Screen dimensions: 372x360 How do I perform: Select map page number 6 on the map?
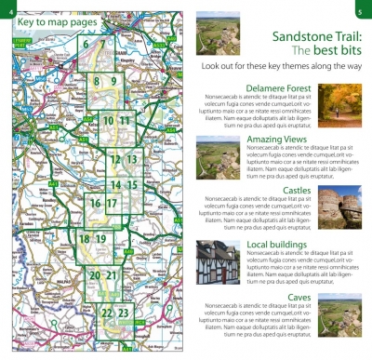[86, 44]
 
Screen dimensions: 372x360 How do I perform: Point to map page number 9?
[113, 83]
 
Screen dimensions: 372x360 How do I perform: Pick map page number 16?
[95, 203]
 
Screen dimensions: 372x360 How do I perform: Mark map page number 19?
[100, 239]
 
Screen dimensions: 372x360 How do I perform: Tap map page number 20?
[94, 275]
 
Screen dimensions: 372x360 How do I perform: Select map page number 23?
[124, 313]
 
